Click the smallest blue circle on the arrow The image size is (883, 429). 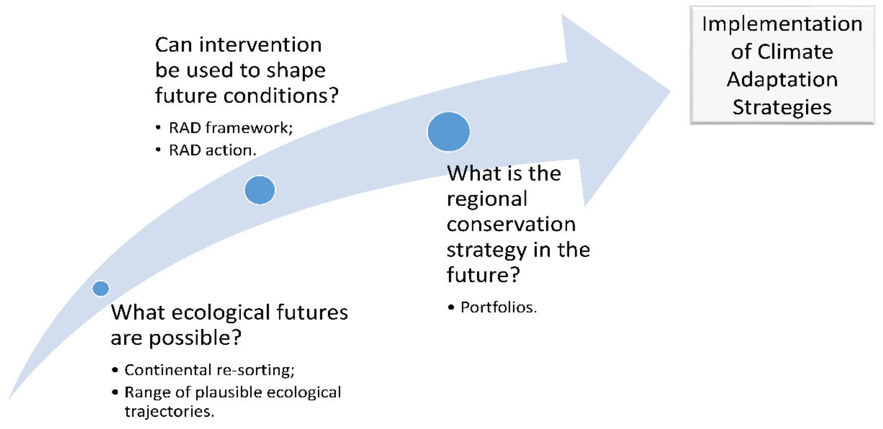(x=101, y=288)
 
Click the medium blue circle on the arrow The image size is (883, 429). (x=260, y=190)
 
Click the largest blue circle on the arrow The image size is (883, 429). (x=449, y=132)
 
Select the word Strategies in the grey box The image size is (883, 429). (x=782, y=107)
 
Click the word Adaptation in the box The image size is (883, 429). (x=782, y=80)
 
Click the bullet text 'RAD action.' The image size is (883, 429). (x=213, y=150)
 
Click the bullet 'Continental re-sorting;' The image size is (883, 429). (x=209, y=370)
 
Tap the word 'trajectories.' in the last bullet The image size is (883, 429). (x=169, y=411)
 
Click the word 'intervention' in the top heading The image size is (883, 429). (x=261, y=45)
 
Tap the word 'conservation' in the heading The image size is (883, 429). (x=511, y=224)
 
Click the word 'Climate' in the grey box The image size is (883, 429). (x=795, y=52)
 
